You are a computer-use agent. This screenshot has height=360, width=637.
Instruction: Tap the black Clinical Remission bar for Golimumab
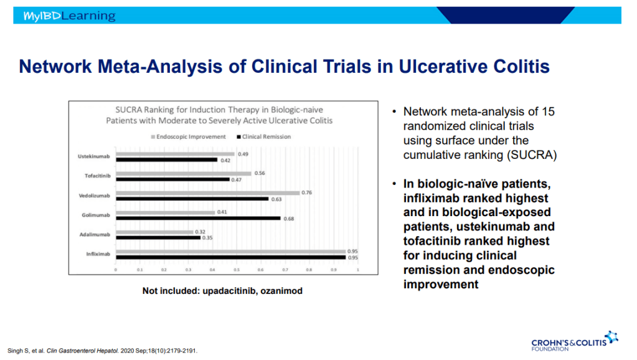(198, 219)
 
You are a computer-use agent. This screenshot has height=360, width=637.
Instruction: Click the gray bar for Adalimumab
(154, 232)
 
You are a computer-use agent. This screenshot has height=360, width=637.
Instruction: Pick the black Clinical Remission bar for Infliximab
(231, 257)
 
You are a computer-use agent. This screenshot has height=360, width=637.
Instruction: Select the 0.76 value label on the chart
(306, 192)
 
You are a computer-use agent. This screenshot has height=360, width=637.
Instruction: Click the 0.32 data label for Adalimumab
(200, 232)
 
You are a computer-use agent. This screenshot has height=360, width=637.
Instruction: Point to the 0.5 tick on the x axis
(237, 270)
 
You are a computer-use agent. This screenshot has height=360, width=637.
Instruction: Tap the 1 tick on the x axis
(357, 270)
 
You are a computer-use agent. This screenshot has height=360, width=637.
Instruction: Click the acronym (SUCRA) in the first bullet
(529, 154)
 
